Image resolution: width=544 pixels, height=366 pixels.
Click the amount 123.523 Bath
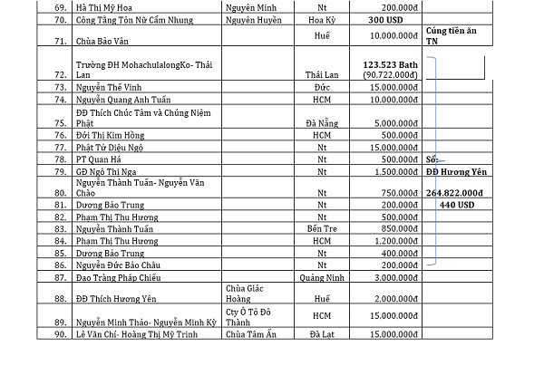[x=389, y=65]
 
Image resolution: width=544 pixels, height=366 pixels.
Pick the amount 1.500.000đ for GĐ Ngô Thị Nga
[x=389, y=170]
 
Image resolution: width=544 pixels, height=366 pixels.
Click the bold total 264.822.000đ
[x=458, y=193]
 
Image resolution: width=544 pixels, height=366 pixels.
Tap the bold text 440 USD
[x=458, y=205]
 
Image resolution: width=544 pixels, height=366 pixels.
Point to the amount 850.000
[x=397, y=229]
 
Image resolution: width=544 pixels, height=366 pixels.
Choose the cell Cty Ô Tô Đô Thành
[x=250, y=318]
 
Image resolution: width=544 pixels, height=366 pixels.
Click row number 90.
[x=62, y=336]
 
